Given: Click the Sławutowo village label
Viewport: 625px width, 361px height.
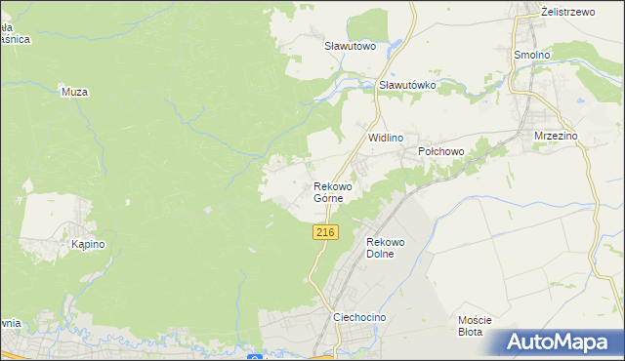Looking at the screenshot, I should pos(350,46).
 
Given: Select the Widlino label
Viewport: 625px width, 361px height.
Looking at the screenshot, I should pos(386,139).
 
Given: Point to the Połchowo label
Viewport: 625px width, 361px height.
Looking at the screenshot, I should pos(440,152).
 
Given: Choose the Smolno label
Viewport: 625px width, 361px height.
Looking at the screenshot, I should pos(532,56).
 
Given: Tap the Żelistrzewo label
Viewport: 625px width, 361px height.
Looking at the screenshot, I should pos(568,12).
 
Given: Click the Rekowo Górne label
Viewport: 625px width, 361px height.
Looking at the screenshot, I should pos(332,191).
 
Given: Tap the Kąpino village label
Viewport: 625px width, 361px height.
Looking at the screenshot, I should pos(88,245).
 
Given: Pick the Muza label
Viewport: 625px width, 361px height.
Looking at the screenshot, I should pos(75,93).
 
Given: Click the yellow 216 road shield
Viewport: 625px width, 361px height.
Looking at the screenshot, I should pos(326,232).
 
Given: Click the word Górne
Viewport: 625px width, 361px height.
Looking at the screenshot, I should pos(328,198).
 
